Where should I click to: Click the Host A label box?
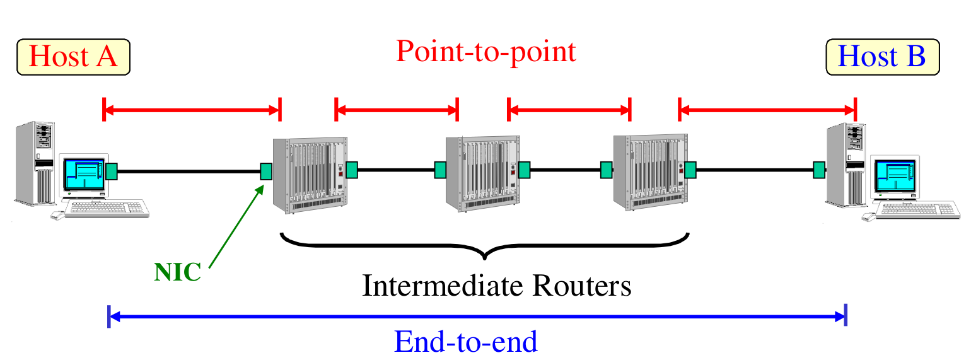pyautogui.click(x=74, y=57)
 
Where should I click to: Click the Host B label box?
pyautogui.click(x=882, y=57)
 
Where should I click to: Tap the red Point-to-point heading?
pyautogui.click(x=485, y=51)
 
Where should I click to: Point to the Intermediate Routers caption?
pyautogui.click(x=496, y=286)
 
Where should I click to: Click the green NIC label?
pyautogui.click(x=177, y=272)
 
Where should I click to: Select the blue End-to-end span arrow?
pyautogui.click(x=477, y=316)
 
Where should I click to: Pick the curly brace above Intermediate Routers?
pyautogui.click(x=484, y=246)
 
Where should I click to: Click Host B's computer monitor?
pyautogui.click(x=895, y=178)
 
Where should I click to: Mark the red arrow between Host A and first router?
pyautogui.click(x=191, y=111)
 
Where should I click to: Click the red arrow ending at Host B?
pyautogui.click(x=767, y=111)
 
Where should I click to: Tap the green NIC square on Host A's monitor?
pyautogui.click(x=112, y=170)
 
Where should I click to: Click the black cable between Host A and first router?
pyautogui.click(x=189, y=170)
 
